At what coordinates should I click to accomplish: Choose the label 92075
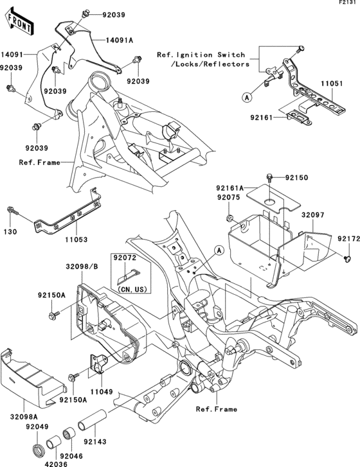[228, 198]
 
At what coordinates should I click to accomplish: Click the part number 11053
[75, 239]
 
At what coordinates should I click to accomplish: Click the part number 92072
[125, 258]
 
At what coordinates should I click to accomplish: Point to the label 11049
[102, 390]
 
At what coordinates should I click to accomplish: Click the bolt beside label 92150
[270, 176]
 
